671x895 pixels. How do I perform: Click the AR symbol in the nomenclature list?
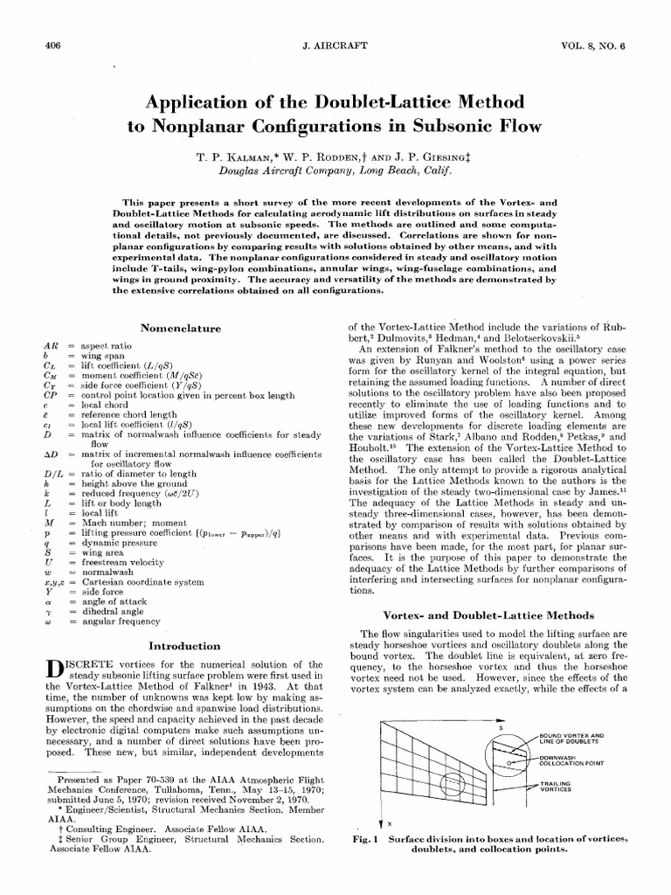point(49,347)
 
